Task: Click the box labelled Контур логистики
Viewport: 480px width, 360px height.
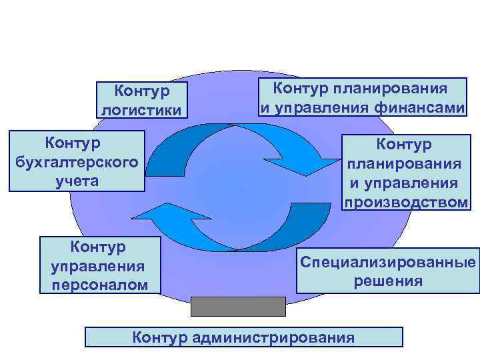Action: point(141,100)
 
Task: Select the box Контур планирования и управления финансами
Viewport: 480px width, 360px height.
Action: point(362,97)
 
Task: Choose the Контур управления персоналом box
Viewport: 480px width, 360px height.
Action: point(100,265)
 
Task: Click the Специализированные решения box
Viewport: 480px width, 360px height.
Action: point(387,271)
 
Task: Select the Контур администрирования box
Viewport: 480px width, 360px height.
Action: point(243,337)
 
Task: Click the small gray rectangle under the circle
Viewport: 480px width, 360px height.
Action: point(238,306)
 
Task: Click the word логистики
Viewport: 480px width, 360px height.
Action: point(141,109)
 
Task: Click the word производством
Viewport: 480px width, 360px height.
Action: point(406,202)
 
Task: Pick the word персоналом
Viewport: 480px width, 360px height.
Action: point(100,285)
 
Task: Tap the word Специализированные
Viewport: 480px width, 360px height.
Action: point(387,261)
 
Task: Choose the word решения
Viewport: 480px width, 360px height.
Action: point(387,281)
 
